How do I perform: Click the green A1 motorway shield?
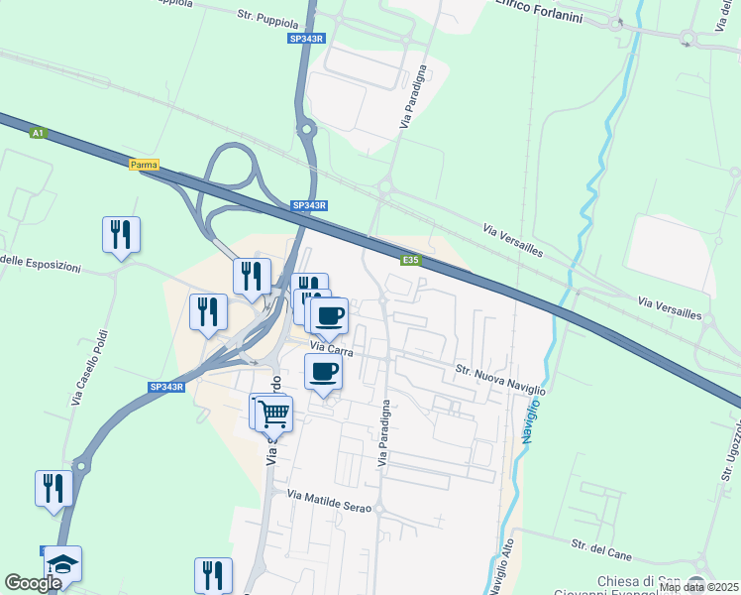pyautogui.click(x=38, y=132)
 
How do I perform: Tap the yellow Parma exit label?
pyautogui.click(x=145, y=165)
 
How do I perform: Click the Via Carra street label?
pyautogui.click(x=331, y=347)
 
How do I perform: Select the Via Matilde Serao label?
pyautogui.click(x=329, y=500)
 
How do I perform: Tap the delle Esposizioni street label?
pyautogui.click(x=48, y=262)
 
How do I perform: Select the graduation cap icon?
pyautogui.click(x=63, y=563)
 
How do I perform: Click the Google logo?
pyautogui.click(x=33, y=584)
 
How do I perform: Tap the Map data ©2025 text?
pyautogui.click(x=698, y=587)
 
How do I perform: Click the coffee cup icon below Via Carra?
pyautogui.click(x=323, y=372)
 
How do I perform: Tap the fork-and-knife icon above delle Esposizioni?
pyautogui.click(x=121, y=234)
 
